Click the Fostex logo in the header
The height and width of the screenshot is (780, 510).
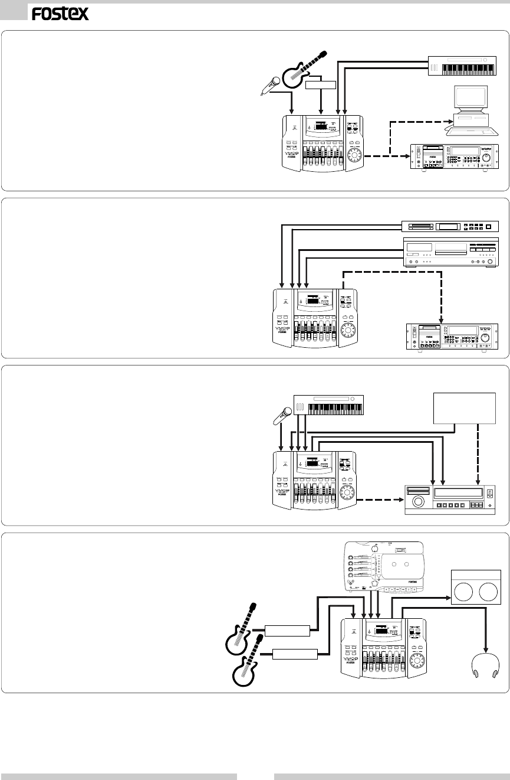(60, 14)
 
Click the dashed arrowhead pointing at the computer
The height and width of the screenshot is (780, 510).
(447, 120)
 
